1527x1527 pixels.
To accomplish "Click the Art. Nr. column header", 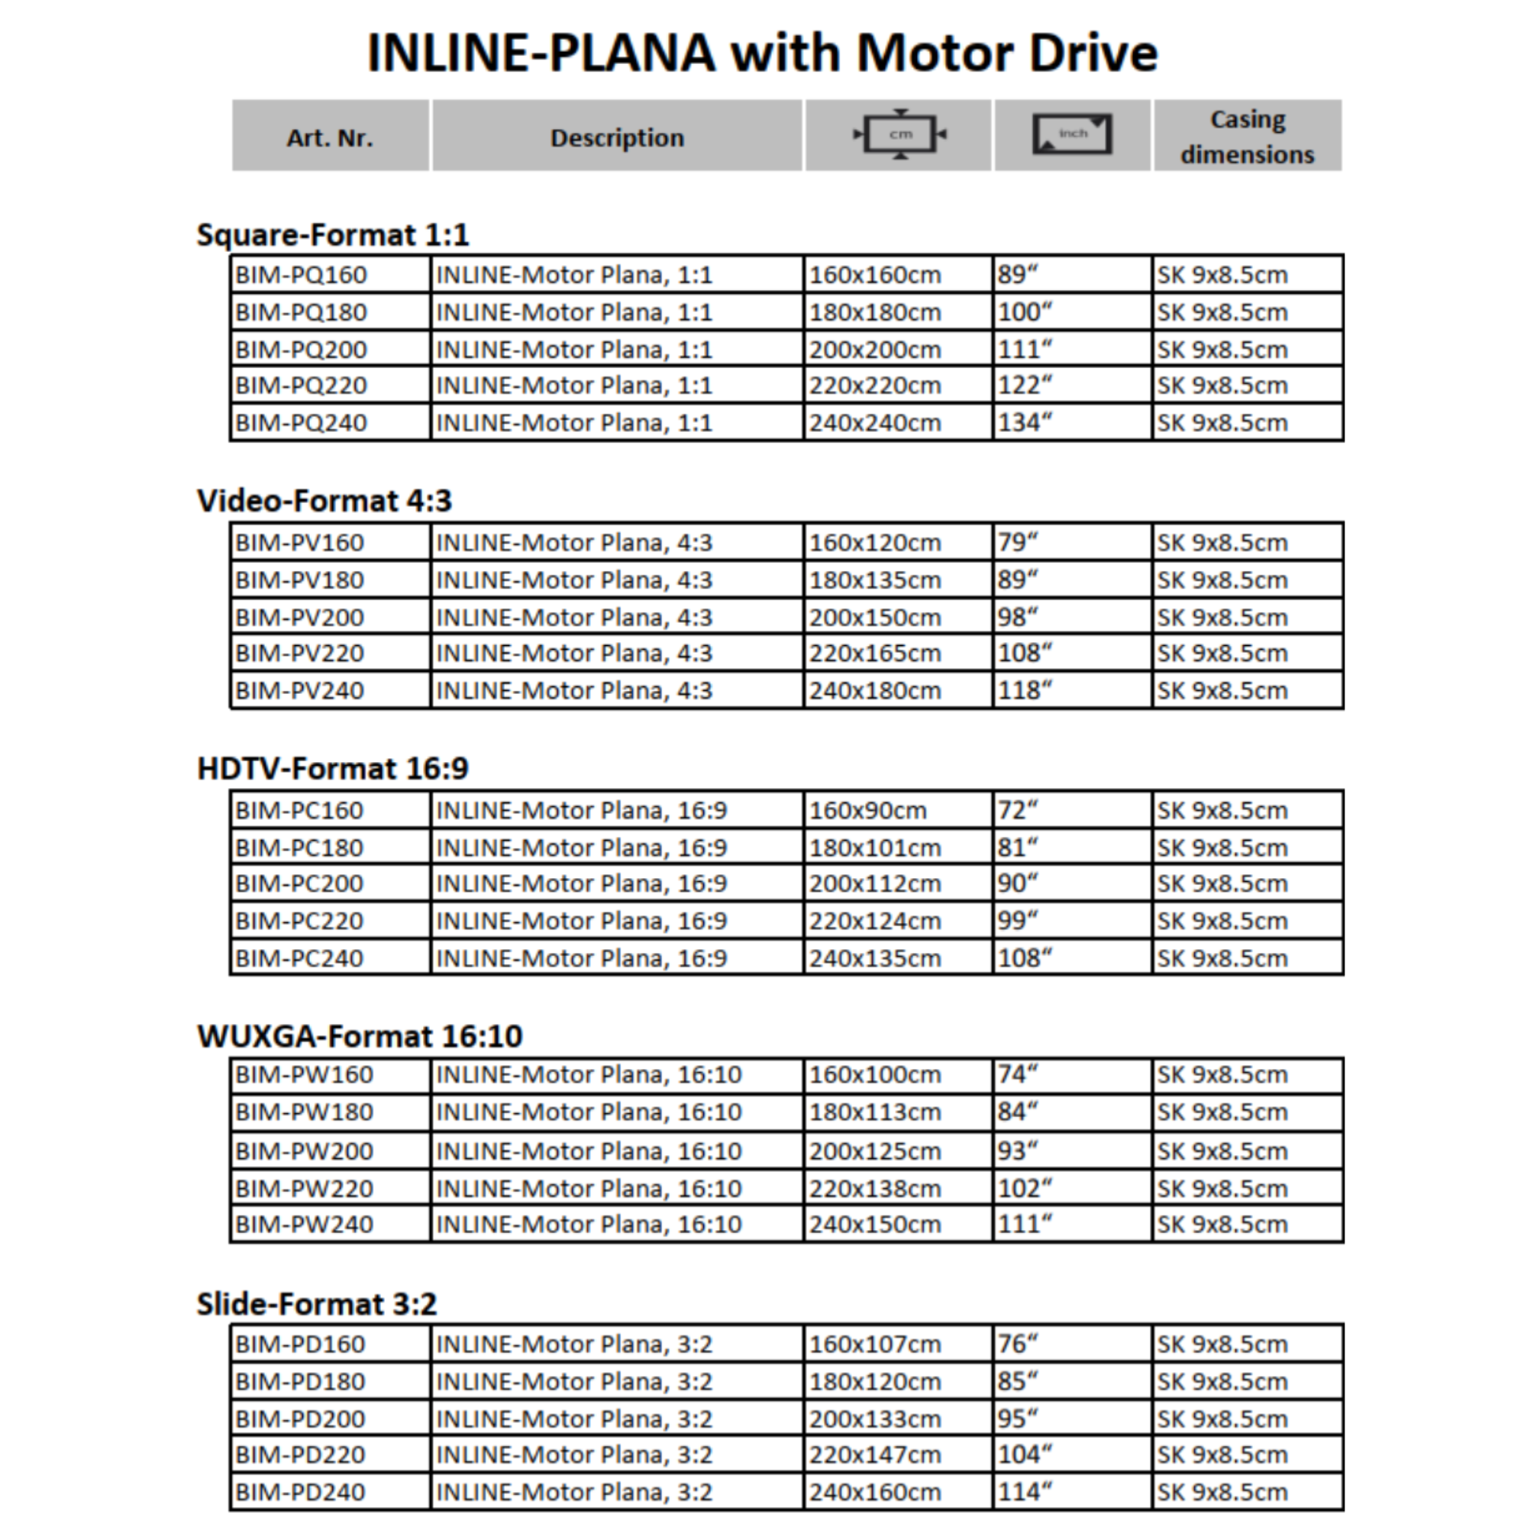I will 330,137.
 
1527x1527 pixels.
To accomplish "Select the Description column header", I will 616,137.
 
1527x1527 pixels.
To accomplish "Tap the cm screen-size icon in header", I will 900,134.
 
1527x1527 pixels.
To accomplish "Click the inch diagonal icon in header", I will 1072,134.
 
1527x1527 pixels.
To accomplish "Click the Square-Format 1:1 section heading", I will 333,234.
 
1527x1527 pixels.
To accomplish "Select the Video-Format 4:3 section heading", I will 324,500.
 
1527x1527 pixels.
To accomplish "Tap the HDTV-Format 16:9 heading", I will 333,767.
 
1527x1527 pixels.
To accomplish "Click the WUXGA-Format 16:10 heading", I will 360,1035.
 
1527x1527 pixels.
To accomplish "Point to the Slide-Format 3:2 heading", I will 316,1303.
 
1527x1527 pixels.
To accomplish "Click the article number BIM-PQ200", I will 301,350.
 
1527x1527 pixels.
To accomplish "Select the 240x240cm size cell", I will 875,423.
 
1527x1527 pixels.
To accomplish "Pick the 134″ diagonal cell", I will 1025,423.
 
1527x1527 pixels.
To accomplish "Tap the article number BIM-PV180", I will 299,580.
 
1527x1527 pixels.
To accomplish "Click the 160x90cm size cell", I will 867,810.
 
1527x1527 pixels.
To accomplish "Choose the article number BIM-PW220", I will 304,1188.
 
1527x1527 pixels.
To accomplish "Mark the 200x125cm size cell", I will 875,1151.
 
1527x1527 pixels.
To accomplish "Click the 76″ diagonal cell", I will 1017,1344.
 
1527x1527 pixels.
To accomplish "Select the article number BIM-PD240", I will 300,1492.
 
